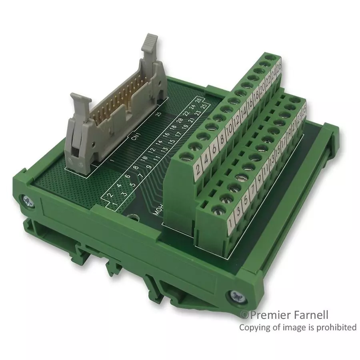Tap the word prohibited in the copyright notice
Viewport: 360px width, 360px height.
(336, 327)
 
